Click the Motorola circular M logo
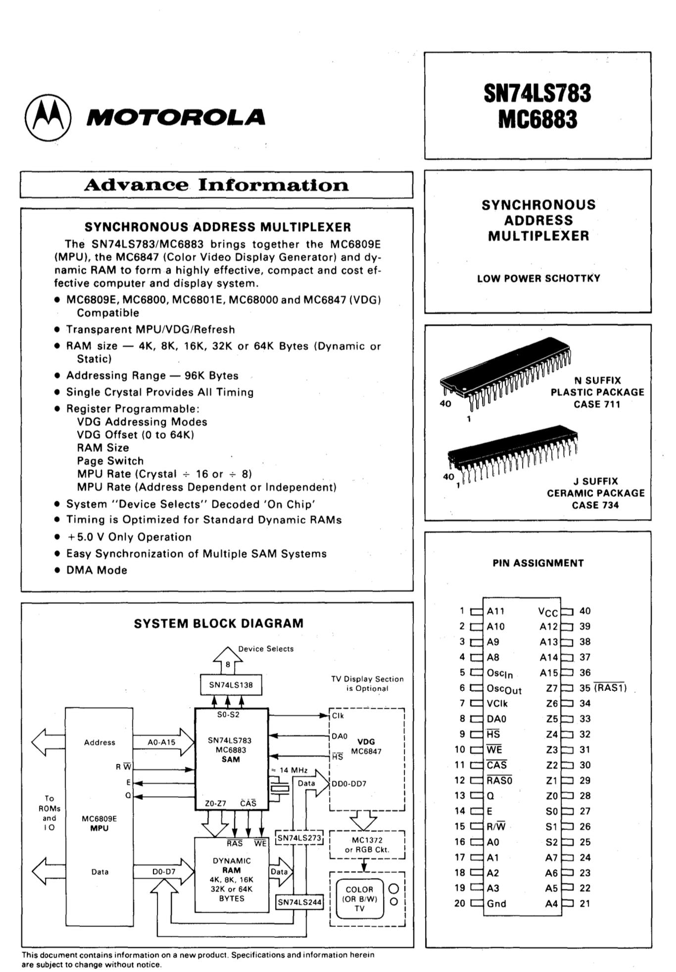tap(48, 118)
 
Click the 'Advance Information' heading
tap(216, 185)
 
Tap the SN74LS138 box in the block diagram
tap(231, 685)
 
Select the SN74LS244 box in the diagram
tap(299, 902)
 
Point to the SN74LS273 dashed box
tap(299, 838)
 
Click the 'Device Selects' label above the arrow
tap(266, 649)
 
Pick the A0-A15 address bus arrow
tap(162, 742)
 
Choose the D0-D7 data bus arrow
tap(163, 872)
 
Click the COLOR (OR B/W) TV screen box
tap(359, 899)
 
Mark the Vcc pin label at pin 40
tap(548, 612)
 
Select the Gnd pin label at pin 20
tap(496, 904)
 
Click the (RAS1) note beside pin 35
tap(610, 688)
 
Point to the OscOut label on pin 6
tap(504, 689)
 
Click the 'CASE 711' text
tap(597, 404)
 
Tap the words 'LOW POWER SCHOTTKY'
tap(538, 279)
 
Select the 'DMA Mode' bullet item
tap(97, 570)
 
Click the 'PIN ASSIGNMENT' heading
tap(538, 563)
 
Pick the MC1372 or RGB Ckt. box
tap(367, 845)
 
